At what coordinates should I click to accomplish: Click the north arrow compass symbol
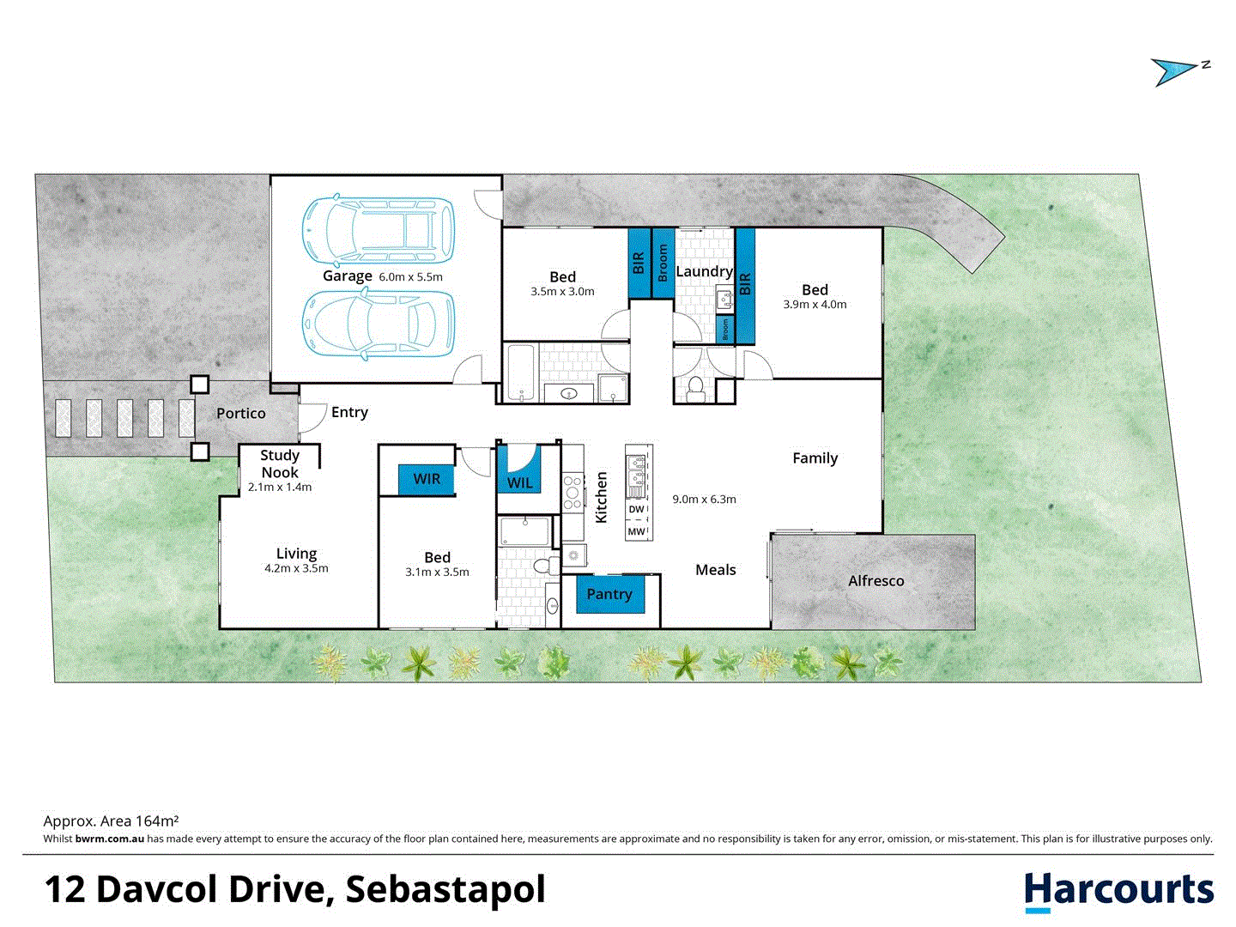1178,70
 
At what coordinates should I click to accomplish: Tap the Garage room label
347,276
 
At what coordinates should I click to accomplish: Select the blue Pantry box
609,594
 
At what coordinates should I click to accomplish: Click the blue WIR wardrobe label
427,479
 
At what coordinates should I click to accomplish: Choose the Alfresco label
875,581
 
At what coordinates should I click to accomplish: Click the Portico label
240,414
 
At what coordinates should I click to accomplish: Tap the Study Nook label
280,463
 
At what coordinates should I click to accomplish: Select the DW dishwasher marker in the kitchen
636,510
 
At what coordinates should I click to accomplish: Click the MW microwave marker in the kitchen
636,532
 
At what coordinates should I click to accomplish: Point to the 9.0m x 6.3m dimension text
704,499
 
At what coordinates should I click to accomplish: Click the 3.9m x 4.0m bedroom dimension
815,305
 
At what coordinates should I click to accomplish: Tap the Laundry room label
704,271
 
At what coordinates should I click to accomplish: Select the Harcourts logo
1119,891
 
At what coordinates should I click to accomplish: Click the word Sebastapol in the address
445,890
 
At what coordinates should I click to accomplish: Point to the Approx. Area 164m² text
111,821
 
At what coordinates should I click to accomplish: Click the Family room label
815,458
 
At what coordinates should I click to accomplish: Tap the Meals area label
716,570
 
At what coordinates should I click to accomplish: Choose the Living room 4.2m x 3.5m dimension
296,568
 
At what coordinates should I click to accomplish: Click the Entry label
349,413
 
